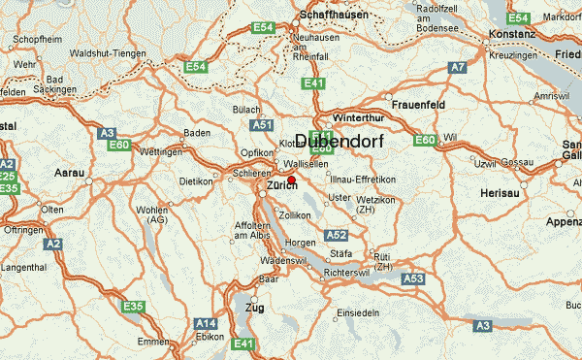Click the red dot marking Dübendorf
tap(291, 180)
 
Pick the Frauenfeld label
tap(418, 102)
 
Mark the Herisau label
tap(501, 194)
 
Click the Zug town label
tap(256, 307)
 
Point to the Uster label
tap(339, 198)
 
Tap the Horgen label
tap(289, 244)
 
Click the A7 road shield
tap(458, 67)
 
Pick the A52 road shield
tap(337, 235)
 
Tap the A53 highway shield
tap(413, 278)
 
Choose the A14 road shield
tap(206, 323)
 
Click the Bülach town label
tap(246, 110)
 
